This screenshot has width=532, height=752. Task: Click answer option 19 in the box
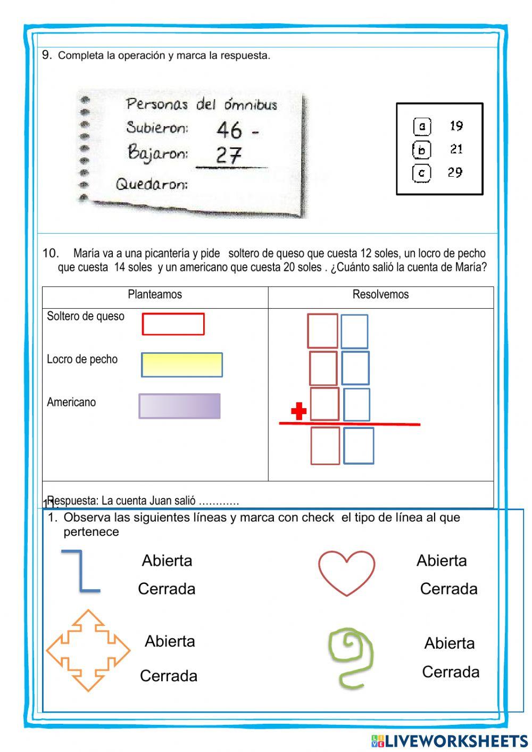tap(456, 126)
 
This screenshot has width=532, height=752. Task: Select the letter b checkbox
tap(421, 150)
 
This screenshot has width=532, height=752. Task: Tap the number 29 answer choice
tap(455, 172)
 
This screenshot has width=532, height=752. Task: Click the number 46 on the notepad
tap(229, 129)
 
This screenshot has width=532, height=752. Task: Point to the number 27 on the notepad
tap(229, 155)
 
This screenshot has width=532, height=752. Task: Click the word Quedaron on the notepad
tap(152, 185)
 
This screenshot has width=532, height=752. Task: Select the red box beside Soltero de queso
tap(173, 324)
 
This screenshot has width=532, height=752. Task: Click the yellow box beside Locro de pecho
tap(181, 365)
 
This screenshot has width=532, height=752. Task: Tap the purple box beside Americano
tap(179, 406)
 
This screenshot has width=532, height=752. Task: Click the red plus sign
tap(299, 411)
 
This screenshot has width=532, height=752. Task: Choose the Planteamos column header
tap(155, 295)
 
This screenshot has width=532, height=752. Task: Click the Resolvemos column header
tap(380, 295)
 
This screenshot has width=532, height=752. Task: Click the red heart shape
tap(347, 572)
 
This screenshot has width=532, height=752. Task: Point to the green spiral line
tap(351, 657)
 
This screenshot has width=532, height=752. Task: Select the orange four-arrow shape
tap(88, 650)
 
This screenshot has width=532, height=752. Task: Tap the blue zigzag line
tap(81, 571)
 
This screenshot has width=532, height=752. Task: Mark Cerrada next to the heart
tap(448, 589)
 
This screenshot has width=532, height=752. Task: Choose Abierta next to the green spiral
tap(449, 643)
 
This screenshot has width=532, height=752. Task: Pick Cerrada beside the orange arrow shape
tap(169, 676)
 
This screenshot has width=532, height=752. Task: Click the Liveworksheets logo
tap(450, 740)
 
